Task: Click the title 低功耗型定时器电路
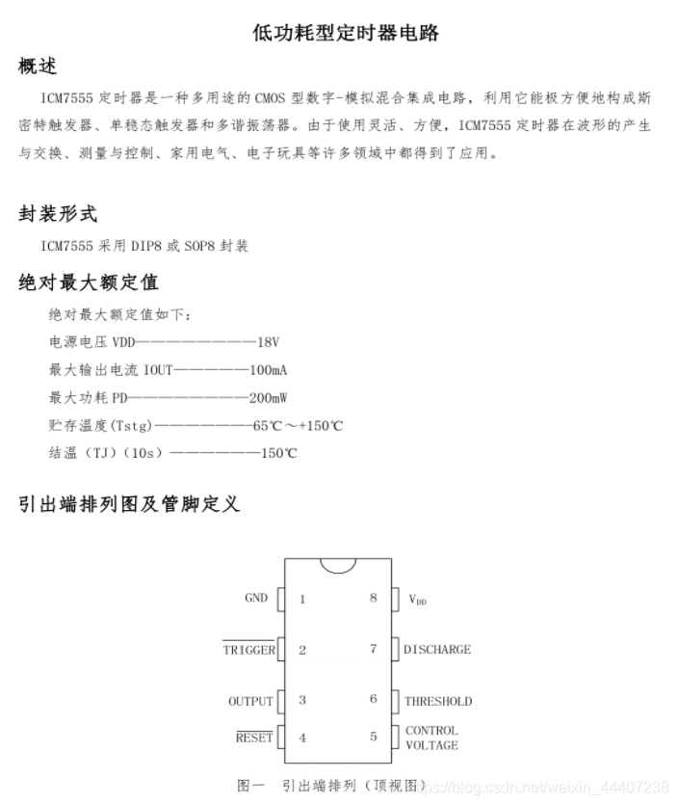coord(346,33)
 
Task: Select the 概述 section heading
coord(38,66)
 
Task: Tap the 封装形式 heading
coord(58,213)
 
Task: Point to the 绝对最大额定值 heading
coord(89,282)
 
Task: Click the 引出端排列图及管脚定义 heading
coord(129,503)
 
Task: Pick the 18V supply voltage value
coord(268,342)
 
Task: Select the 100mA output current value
coord(269,370)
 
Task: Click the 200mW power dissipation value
coord(269,397)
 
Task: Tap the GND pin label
coord(256,599)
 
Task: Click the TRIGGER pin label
coord(248,650)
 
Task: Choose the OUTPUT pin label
coord(250,701)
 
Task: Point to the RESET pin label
coord(254,738)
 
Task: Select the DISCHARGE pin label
coord(437,650)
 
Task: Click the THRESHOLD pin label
coord(438,701)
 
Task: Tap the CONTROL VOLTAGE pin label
coord(431,738)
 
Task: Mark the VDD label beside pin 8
coord(417,600)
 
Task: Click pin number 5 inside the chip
coord(374,738)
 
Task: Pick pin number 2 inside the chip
coord(302,650)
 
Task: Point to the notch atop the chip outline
coord(338,565)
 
